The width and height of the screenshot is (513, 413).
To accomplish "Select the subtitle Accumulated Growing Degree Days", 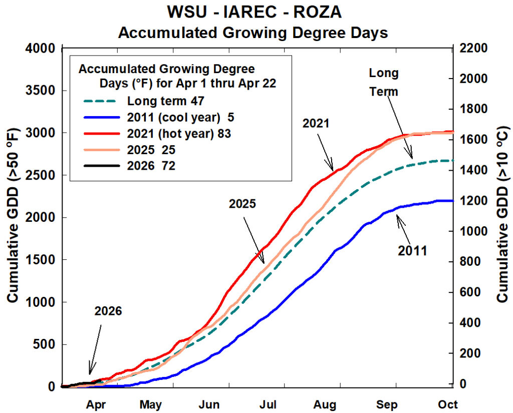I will [x=252, y=33].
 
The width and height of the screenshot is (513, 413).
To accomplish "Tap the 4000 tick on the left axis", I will [x=40, y=49].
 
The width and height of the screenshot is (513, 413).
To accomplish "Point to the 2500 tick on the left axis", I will [x=40, y=175].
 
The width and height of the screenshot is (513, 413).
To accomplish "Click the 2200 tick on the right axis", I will [x=473, y=49].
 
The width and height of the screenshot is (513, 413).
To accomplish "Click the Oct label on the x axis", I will [x=448, y=404].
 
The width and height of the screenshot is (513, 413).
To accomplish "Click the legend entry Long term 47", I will [x=165, y=101].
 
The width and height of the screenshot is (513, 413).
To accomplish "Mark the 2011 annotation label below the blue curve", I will [x=412, y=251].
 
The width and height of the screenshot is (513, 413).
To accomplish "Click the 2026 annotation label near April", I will [x=108, y=311].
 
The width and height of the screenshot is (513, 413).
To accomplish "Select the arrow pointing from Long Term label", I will [x=401, y=125].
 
